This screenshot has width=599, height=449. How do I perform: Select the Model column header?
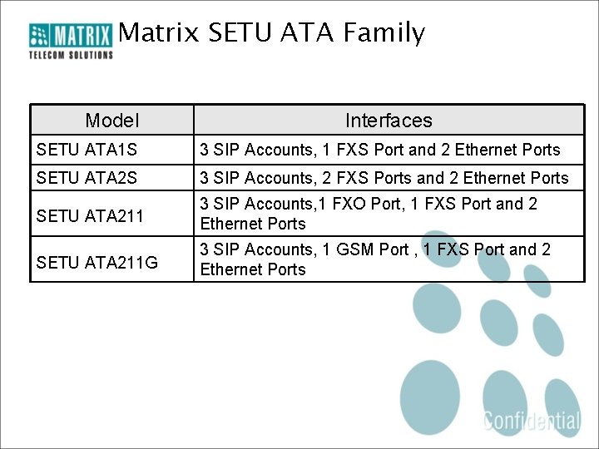point(112,121)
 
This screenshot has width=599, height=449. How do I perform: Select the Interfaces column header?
point(389,121)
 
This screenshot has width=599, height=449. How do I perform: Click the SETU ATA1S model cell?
point(87,150)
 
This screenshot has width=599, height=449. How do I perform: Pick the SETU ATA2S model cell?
point(87,178)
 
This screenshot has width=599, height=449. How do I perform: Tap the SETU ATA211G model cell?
point(97,263)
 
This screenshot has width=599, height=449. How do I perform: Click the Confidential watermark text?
point(532,420)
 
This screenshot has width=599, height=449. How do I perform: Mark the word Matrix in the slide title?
point(159,33)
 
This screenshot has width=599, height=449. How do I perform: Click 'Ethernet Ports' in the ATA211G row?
point(253,269)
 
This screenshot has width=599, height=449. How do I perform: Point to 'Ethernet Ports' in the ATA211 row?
point(253,224)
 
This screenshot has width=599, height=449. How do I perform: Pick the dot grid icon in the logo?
point(40,36)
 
